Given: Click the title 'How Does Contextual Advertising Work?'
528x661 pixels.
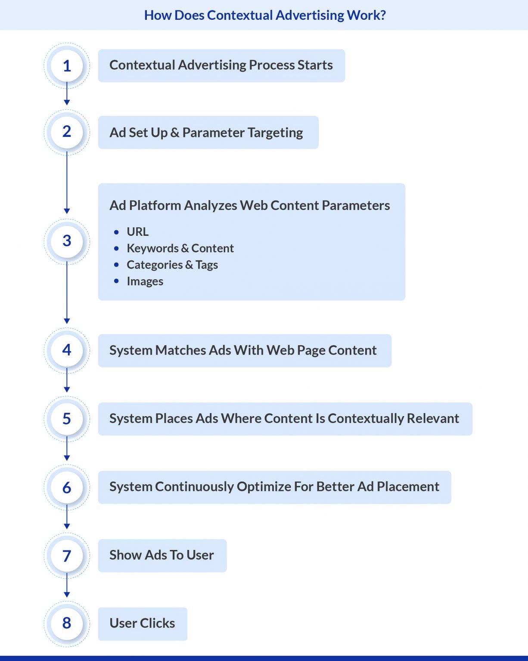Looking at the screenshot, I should click(264, 15).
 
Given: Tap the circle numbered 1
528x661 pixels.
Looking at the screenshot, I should click(67, 65).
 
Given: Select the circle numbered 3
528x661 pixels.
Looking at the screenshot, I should click(67, 241).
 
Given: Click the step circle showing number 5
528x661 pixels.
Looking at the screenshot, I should click(67, 418).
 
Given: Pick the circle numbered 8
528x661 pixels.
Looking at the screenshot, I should click(67, 623).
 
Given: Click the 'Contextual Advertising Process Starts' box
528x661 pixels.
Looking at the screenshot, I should click(221, 65).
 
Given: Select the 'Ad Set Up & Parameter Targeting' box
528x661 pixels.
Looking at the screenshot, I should click(208, 132).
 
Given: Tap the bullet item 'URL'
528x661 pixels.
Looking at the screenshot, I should click(137, 232).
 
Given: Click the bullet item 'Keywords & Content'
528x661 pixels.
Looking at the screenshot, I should click(180, 248).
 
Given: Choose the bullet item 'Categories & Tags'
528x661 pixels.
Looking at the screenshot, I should click(172, 265).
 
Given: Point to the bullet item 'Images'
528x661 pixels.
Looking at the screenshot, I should click(145, 281).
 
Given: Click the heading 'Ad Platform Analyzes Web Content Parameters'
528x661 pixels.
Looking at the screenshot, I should click(249, 205).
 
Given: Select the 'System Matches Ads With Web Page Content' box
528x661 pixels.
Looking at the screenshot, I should click(244, 350).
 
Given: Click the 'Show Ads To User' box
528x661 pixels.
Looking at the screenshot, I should click(162, 555).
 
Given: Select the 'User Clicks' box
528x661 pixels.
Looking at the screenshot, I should click(143, 623).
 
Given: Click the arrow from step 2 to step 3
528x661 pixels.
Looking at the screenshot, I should click(67, 183).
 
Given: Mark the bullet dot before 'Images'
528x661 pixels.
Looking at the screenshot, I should click(116, 281).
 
